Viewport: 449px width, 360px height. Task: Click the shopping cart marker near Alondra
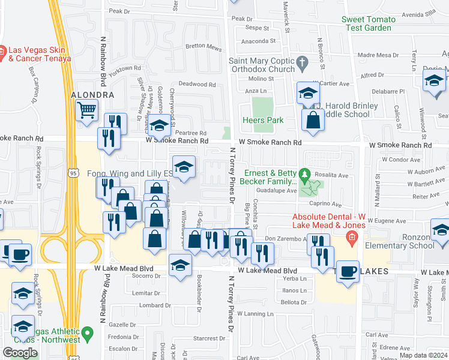tap(86, 110)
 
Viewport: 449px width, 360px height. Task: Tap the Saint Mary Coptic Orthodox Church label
tap(262, 65)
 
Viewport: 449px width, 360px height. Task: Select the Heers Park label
tap(263, 120)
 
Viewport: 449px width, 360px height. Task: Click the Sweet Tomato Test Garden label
tap(369, 23)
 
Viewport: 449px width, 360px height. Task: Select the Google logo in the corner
tap(20, 352)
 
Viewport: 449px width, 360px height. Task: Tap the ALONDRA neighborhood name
tap(92, 95)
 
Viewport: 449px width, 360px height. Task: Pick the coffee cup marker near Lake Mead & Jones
tap(348, 271)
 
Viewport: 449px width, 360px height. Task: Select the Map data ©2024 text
tap(422, 355)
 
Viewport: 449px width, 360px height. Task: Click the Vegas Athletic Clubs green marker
tap(88, 331)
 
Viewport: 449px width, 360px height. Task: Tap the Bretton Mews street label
tap(203, 47)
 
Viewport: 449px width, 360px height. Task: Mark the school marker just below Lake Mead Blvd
tap(180, 265)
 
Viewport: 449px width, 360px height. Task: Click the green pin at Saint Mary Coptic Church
tap(302, 61)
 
